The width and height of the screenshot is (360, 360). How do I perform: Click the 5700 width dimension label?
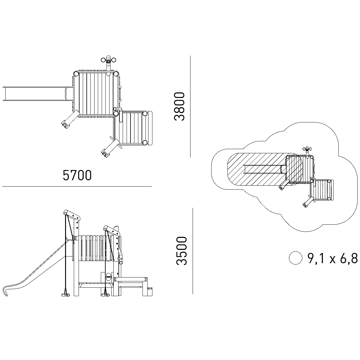(x=77, y=175)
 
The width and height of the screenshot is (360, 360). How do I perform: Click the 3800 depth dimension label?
(x=179, y=106)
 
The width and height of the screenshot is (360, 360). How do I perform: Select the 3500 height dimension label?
(x=181, y=251)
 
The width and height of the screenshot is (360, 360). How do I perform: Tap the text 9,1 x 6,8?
(x=332, y=258)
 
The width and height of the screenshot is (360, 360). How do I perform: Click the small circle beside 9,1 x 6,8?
(x=295, y=258)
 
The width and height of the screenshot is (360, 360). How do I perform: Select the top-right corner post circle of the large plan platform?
(x=116, y=74)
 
